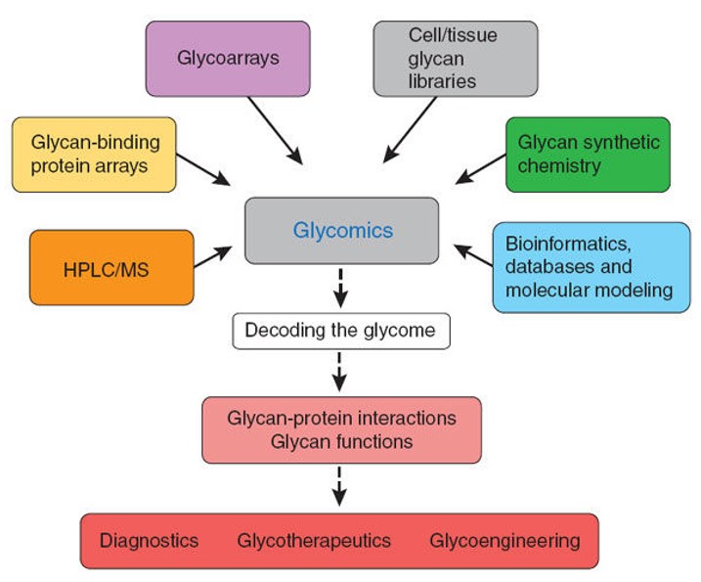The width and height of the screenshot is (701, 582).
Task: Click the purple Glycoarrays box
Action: [x=228, y=59]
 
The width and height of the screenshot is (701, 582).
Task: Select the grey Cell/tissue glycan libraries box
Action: [x=455, y=59]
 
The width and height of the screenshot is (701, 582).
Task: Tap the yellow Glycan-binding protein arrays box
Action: [x=94, y=155]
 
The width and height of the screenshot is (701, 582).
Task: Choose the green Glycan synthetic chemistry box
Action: [x=588, y=154]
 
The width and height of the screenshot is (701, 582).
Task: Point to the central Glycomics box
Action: [x=341, y=231]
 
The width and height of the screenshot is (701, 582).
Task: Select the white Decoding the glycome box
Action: [x=339, y=331]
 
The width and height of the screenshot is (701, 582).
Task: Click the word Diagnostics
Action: [x=149, y=541]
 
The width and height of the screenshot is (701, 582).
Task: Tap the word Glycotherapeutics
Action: [x=313, y=541]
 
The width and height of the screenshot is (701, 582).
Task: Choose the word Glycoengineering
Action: [x=504, y=541]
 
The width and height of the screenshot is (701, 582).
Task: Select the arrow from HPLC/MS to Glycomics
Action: [x=213, y=256]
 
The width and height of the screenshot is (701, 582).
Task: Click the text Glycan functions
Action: [x=341, y=442]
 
